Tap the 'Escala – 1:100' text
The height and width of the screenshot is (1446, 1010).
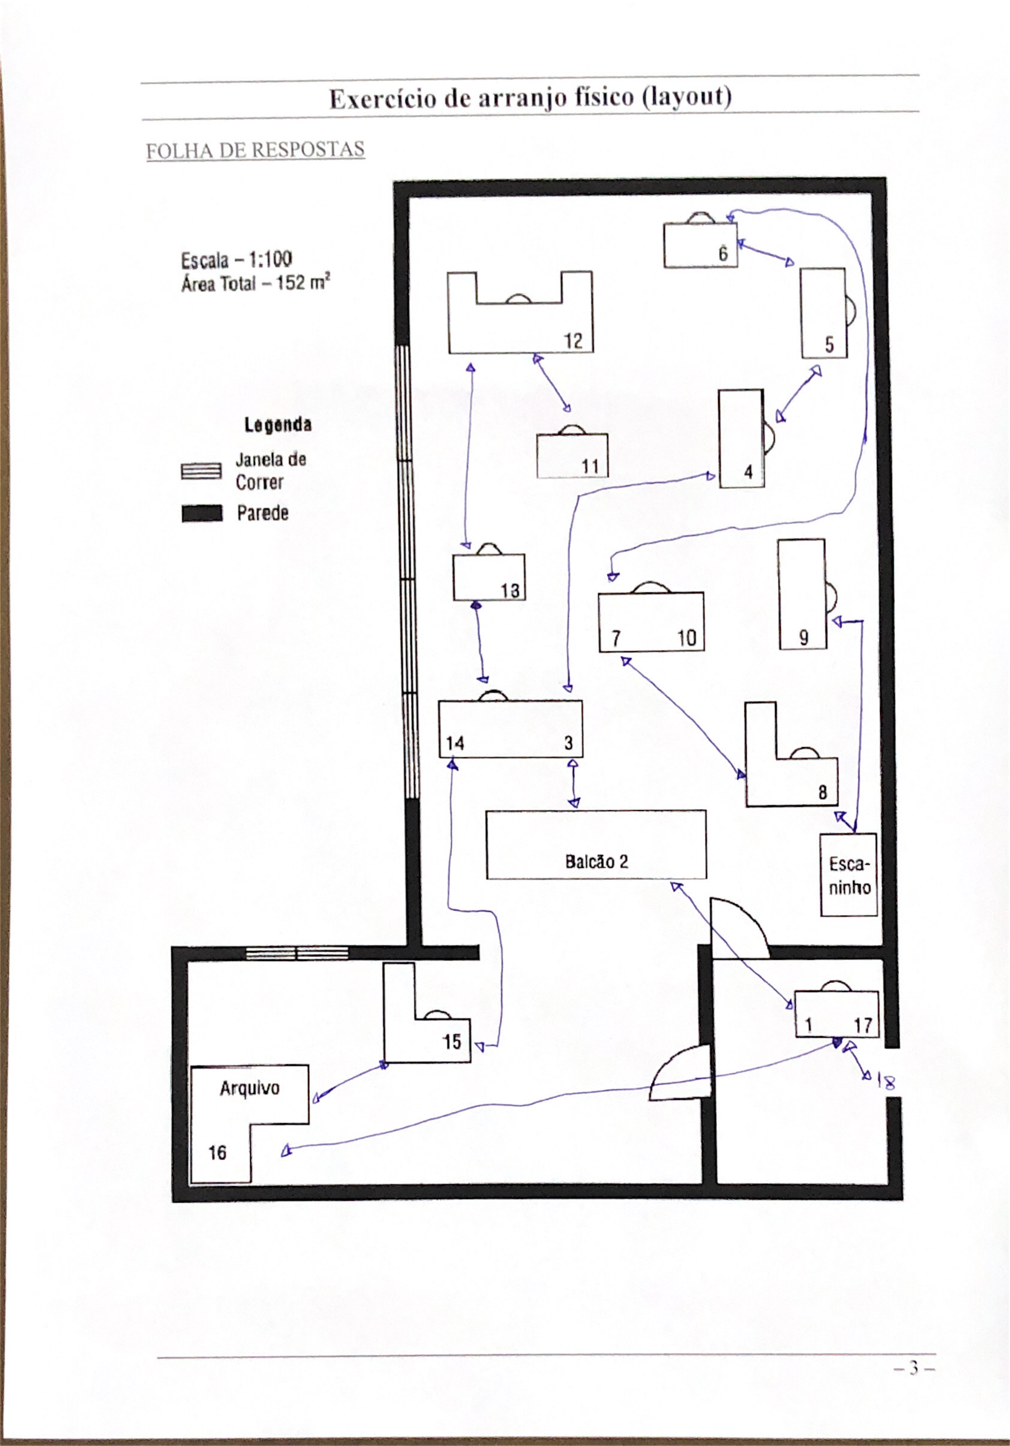coord(236,260)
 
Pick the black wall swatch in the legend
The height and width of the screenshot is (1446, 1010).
coord(202,513)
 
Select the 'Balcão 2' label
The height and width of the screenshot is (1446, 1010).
coord(596,861)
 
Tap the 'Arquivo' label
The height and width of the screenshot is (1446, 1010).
coord(250,1088)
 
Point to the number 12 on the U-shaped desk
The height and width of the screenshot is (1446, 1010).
coord(573,341)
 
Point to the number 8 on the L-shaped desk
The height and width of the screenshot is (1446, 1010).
coord(822,792)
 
